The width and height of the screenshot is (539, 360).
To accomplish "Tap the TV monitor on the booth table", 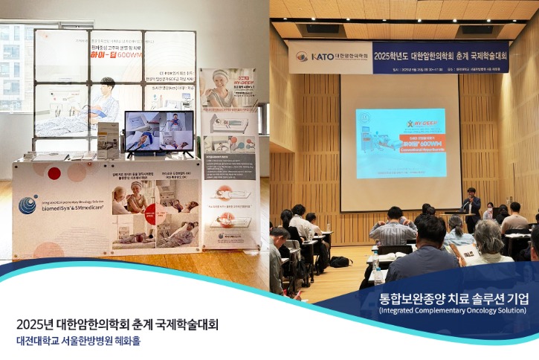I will [x=158, y=132].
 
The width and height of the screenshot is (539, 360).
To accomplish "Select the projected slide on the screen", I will [x=401, y=143].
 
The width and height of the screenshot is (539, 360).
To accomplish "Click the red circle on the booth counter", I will [x=54, y=173].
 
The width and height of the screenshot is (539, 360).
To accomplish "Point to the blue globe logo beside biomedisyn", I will [x=28, y=205].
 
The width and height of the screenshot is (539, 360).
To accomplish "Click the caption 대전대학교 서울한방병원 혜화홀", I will [x=78, y=341].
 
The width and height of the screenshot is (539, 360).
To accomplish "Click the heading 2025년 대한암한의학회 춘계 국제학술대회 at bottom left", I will [x=117, y=324].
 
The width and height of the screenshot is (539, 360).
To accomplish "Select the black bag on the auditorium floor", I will [x=340, y=262].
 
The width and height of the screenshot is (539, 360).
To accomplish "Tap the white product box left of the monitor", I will [x=109, y=140].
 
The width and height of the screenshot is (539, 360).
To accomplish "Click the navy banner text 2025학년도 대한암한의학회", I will [x=439, y=56].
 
